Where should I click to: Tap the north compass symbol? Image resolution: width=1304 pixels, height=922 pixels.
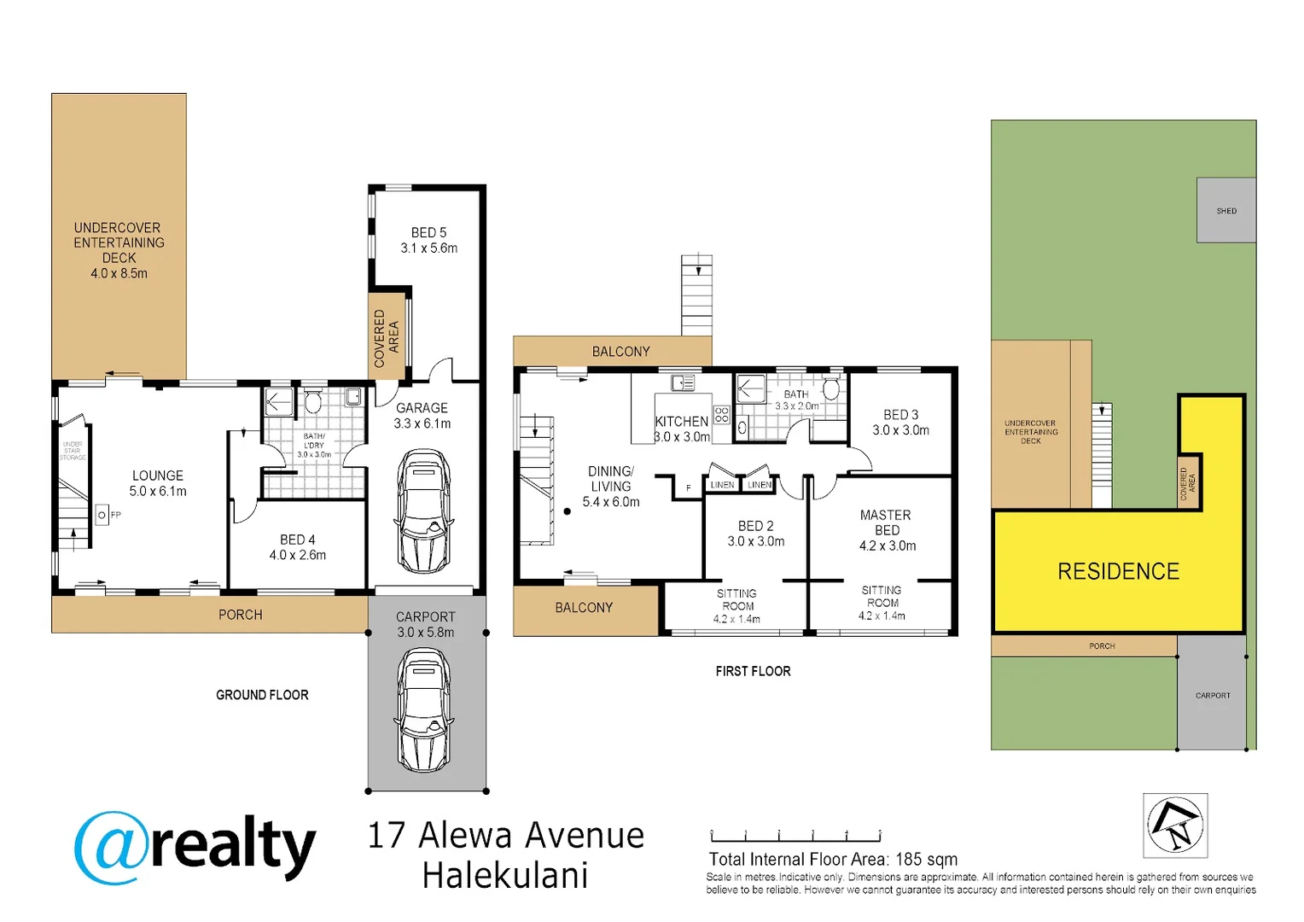[1175, 826]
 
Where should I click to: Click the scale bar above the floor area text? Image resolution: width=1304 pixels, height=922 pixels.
[795, 836]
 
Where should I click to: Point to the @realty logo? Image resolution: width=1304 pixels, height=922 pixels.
[195, 848]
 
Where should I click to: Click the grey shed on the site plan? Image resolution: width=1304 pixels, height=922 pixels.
[1225, 210]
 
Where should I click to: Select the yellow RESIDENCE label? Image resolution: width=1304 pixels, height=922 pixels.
[1118, 571]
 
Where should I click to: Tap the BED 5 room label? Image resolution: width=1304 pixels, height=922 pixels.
[428, 232]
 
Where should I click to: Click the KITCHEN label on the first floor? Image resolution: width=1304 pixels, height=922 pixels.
[681, 421]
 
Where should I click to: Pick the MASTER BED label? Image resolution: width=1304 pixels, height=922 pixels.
[886, 522]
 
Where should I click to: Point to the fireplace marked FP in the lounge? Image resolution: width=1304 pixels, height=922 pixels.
[102, 515]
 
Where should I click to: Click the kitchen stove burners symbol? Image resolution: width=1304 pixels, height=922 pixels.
[722, 415]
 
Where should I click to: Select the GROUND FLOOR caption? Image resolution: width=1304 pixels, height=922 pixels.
[262, 695]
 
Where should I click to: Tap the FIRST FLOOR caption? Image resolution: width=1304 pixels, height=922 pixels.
[753, 671]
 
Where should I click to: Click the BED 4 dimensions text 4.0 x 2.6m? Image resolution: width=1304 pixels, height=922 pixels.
[298, 555]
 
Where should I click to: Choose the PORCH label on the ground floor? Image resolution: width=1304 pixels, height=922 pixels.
[240, 615]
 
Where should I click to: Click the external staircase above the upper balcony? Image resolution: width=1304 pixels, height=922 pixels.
[697, 295]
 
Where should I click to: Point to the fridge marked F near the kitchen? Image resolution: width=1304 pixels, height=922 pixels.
[688, 488]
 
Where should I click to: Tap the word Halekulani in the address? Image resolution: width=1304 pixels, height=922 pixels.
[505, 876]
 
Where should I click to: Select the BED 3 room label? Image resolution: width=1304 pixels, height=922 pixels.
[900, 415]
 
